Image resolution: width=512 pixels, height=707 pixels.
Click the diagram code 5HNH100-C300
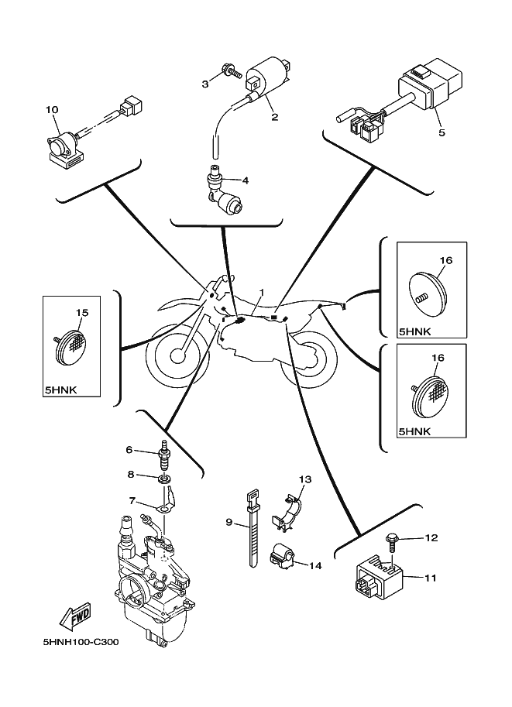coord(81,641)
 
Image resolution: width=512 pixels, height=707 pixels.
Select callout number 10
coord(53,110)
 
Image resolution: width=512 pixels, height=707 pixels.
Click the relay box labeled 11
coord(376,578)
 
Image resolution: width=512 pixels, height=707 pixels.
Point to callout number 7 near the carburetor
coord(132,500)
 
